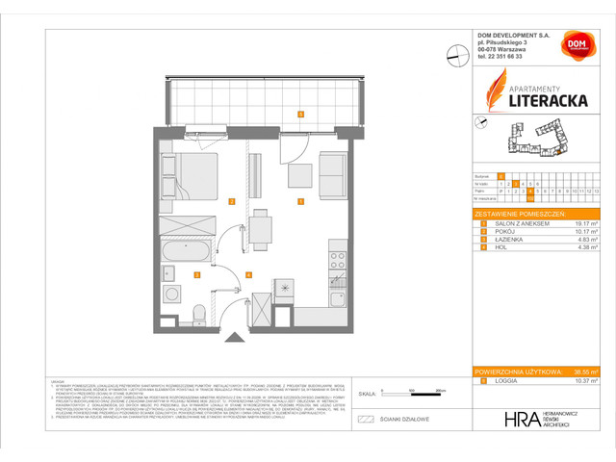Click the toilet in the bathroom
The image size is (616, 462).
click(x=198, y=313)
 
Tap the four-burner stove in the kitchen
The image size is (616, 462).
click(x=338, y=259)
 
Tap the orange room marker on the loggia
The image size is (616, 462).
click(x=300, y=115)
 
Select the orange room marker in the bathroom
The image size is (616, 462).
click(x=197, y=275)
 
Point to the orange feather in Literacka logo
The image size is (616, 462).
click(x=493, y=96)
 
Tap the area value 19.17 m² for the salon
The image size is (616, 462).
click(x=582, y=222)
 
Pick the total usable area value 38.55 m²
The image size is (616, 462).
click(x=583, y=372)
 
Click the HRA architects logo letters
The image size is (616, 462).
click(x=516, y=420)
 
